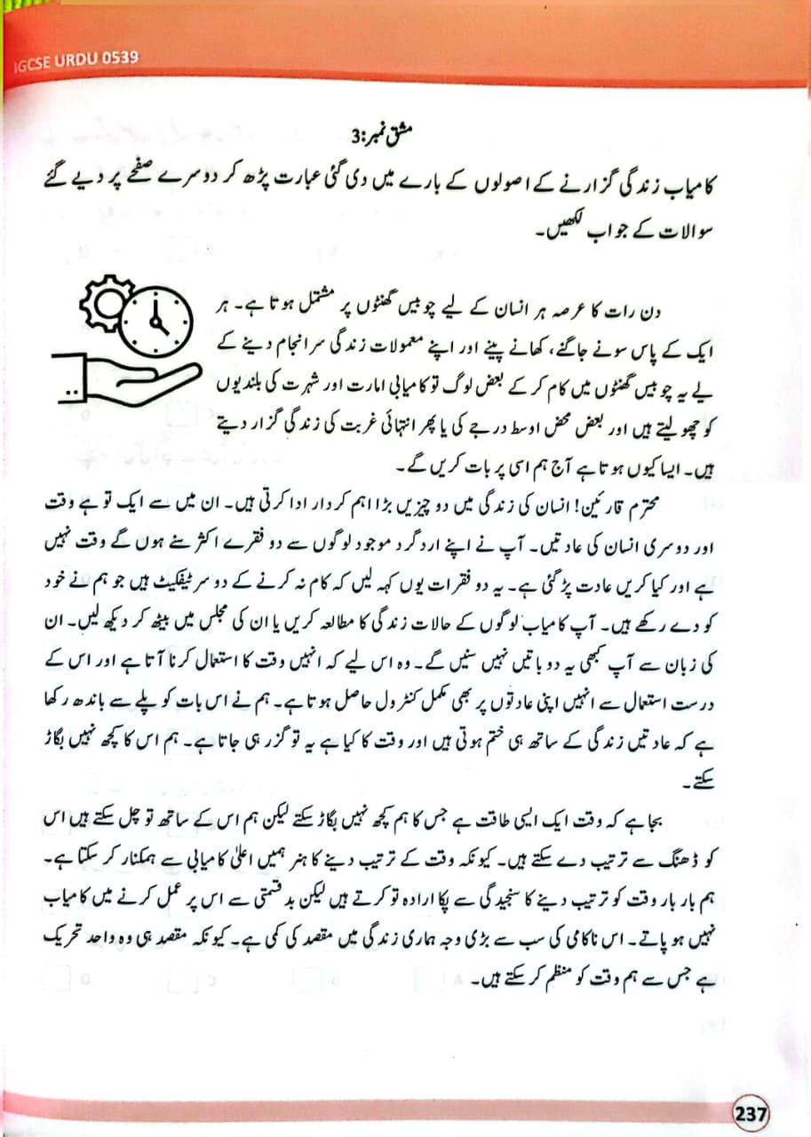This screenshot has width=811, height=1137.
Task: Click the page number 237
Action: (751, 1112)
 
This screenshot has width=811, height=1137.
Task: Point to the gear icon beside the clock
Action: (103, 303)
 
